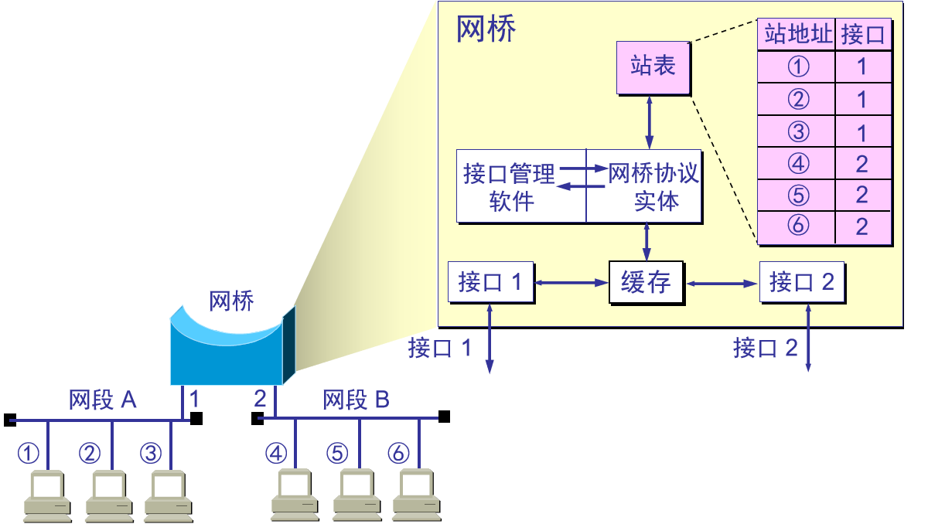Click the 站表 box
coord(653,67)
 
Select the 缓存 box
coord(646,283)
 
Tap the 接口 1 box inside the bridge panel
coord(490,283)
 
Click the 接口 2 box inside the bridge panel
coord(801,283)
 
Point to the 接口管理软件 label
coord(510,186)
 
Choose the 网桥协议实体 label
coord(654,186)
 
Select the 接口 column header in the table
coord(862,35)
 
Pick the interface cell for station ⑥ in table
coord(862,226)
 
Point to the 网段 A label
coord(102,400)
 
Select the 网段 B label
coord(356,400)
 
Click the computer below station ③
coord(169,495)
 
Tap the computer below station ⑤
coord(356,495)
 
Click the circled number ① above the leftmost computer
coord(29,453)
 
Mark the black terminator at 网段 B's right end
coord(444,417)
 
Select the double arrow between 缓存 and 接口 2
coord(722,284)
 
